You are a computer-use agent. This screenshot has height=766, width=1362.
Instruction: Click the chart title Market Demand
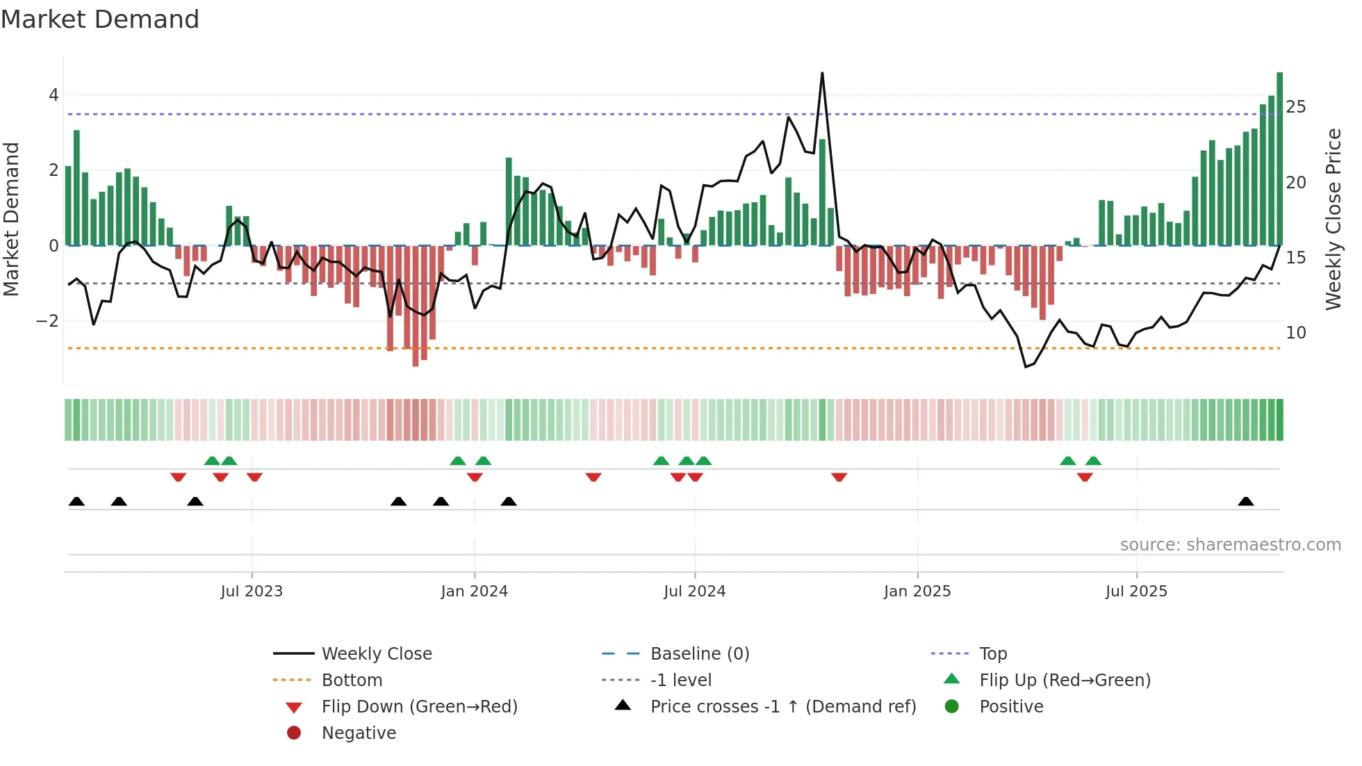coord(100,19)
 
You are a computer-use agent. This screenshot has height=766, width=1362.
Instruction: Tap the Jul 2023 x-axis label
coord(252,592)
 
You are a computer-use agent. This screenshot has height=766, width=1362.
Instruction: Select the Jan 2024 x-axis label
coord(474,592)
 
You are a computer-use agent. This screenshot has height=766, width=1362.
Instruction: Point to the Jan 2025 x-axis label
coord(917,592)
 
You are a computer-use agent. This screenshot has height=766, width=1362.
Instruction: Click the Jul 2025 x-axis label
coord(1136,592)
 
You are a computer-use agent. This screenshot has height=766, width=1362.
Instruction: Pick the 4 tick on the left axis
coord(54,95)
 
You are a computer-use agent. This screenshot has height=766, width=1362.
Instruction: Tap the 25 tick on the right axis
coord(1295,107)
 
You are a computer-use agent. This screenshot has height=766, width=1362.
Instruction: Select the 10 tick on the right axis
coord(1295,333)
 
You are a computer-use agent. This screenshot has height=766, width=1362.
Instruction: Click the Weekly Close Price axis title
coord(1333,219)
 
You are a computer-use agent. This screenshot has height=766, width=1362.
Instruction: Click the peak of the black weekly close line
coord(822,73)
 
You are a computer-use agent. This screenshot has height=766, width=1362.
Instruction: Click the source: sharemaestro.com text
coord(1230,545)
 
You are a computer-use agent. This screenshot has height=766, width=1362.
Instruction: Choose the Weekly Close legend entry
coord(376,654)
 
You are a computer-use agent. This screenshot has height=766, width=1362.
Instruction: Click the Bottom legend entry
coord(352,681)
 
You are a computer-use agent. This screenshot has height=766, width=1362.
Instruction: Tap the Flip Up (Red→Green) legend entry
coord(1065,681)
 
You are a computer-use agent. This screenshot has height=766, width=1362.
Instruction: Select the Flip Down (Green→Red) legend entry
coord(419,707)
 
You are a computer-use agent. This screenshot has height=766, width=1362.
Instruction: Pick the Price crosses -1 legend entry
coord(782,707)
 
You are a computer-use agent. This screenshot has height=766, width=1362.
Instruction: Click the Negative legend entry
coord(359,733)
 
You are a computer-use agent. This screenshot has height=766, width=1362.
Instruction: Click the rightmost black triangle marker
coord(1245,502)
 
